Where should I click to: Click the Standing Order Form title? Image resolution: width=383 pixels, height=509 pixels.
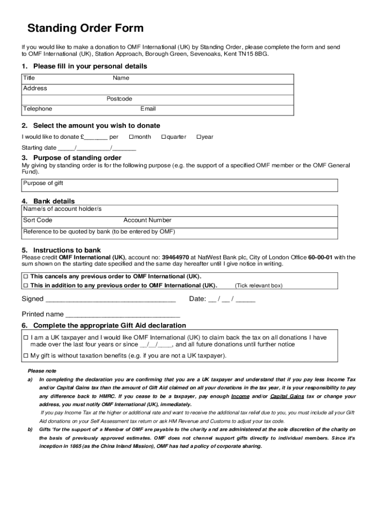coord(85,28)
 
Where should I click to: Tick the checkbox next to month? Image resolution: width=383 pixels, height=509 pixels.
coord(131,137)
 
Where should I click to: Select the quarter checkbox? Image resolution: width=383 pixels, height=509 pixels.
coord(164,137)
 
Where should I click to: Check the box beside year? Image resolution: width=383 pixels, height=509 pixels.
coord(198,137)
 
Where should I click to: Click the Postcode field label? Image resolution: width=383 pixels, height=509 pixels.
coord(119,99)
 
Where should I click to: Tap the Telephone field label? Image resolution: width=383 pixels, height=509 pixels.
coord(37,109)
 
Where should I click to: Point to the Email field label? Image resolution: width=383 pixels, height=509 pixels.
coord(148,109)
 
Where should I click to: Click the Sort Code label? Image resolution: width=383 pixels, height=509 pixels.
coord(38,220)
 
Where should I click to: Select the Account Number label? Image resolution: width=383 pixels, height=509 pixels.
coord(147,220)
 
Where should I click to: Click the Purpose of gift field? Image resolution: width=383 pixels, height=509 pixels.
coord(179,185)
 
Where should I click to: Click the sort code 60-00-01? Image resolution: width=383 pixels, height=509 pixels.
coord(320,257)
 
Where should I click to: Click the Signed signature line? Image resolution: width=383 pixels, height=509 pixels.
coord(110,300)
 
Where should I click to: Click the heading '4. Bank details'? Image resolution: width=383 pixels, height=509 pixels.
coord(48,201)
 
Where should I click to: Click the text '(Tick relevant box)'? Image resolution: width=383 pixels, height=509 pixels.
coord(258,286)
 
